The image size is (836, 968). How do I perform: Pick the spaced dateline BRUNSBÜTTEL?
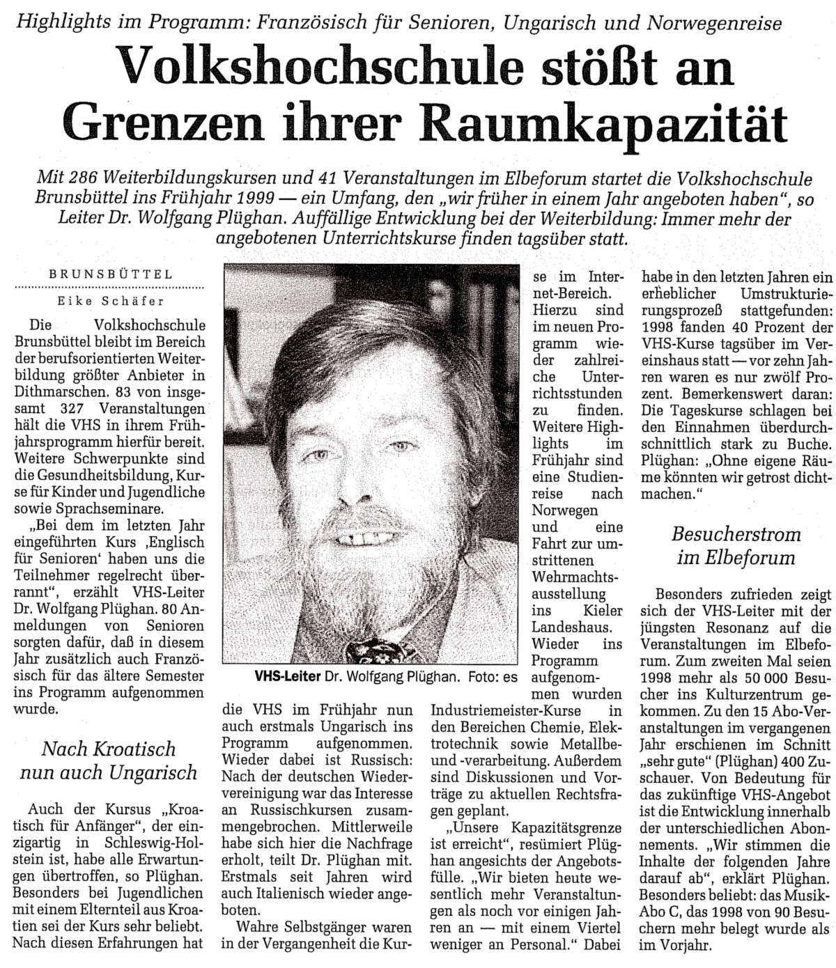click(x=111, y=274)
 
